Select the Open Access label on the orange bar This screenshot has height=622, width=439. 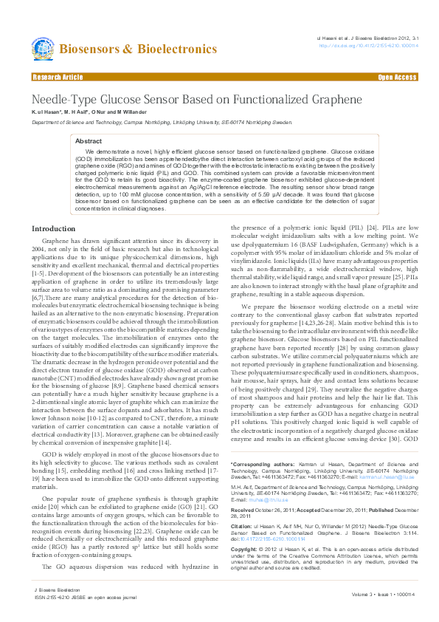pos(398,77)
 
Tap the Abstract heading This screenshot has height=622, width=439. pos(89,140)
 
